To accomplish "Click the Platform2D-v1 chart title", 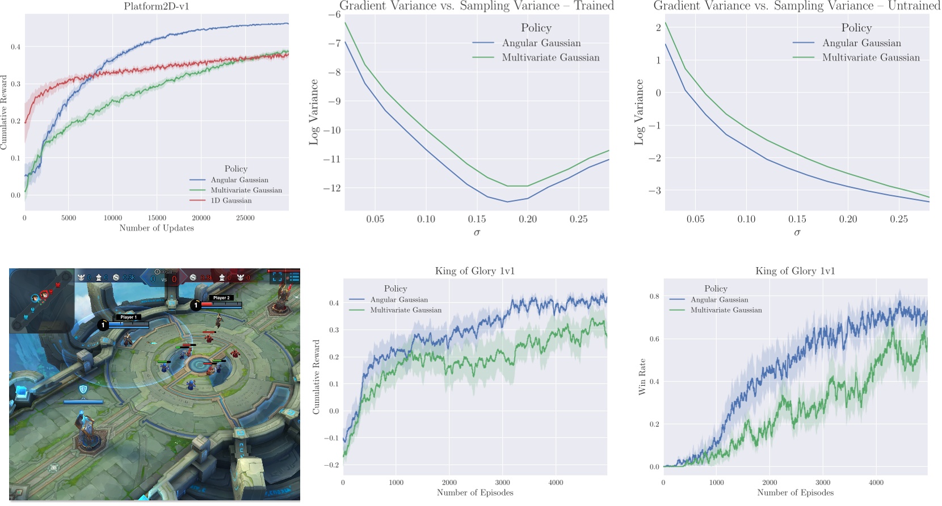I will coord(157,7).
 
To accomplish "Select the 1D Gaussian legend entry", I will coord(231,200).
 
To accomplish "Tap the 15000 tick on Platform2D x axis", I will coord(157,218).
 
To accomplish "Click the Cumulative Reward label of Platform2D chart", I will coord(4,112).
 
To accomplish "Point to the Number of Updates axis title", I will coord(157,228).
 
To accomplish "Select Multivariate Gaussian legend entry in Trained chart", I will coord(550,57).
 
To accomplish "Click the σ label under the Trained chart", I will coord(477,233).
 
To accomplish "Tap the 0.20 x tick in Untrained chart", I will coord(848,220).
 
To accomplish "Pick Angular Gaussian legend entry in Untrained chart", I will coord(861,43).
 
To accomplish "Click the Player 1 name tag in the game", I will coord(129,317).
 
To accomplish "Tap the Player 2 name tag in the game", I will coord(221,297).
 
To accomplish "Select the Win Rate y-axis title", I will coord(642,377).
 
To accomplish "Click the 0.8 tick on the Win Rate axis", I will coord(654,296).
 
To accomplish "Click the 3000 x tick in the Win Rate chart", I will coord(823,483).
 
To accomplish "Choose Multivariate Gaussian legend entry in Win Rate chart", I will coord(726,310).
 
